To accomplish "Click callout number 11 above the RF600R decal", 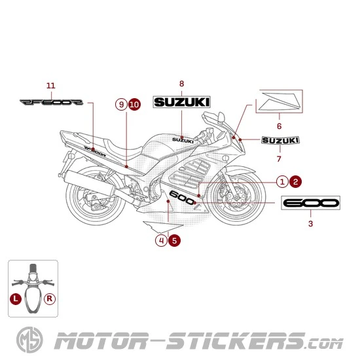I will pyautogui.click(x=51, y=85).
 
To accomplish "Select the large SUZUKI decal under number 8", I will pyautogui.click(x=181, y=102).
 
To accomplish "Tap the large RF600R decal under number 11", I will pyautogui.click(x=51, y=102).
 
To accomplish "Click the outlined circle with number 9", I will pyautogui.click(x=120, y=104).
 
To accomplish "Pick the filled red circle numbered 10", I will pyautogui.click(x=134, y=104).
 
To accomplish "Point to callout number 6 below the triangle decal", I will pyautogui.click(x=279, y=126).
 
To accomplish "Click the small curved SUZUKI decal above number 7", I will pyautogui.click(x=280, y=140).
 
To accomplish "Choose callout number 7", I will pyautogui.click(x=279, y=158).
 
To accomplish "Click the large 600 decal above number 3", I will pyautogui.click(x=310, y=203).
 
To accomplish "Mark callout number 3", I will pyautogui.click(x=310, y=223).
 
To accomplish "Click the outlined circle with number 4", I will pyautogui.click(x=161, y=240).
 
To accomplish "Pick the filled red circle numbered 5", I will pyautogui.click(x=174, y=240).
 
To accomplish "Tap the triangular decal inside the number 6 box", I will pyautogui.click(x=281, y=101).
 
